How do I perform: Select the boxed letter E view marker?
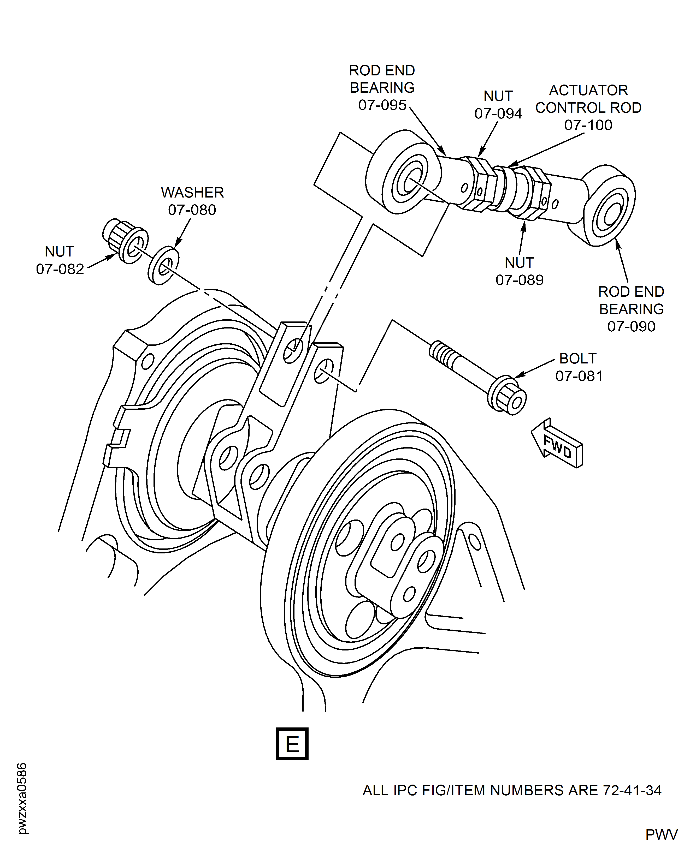(292, 744)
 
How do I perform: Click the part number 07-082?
(60, 269)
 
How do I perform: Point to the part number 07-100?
(588, 125)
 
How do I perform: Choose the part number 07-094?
(498, 114)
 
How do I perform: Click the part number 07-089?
(520, 280)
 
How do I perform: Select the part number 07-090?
(631, 326)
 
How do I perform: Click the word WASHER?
(192, 193)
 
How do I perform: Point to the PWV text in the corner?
(661, 835)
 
